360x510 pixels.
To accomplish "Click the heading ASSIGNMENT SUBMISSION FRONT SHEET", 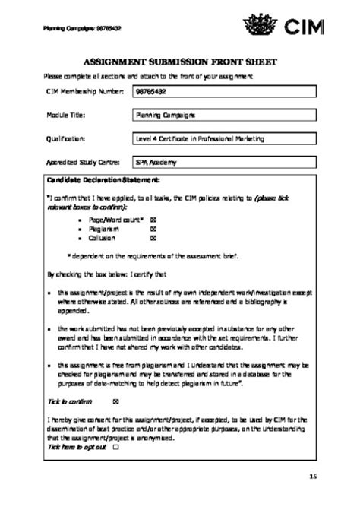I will pyautogui.click(x=181, y=61).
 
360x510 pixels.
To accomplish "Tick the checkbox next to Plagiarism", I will pyautogui.click(x=153, y=228).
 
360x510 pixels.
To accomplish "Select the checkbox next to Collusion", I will pyautogui.click(x=153, y=237).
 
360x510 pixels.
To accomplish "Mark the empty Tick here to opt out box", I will pyautogui.click(x=115, y=448).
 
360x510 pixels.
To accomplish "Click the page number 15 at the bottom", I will pyautogui.click(x=314, y=476).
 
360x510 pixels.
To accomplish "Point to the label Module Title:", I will pyautogui.click(x=65, y=116).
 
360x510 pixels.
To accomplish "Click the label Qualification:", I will pyautogui.click(x=65, y=139).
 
